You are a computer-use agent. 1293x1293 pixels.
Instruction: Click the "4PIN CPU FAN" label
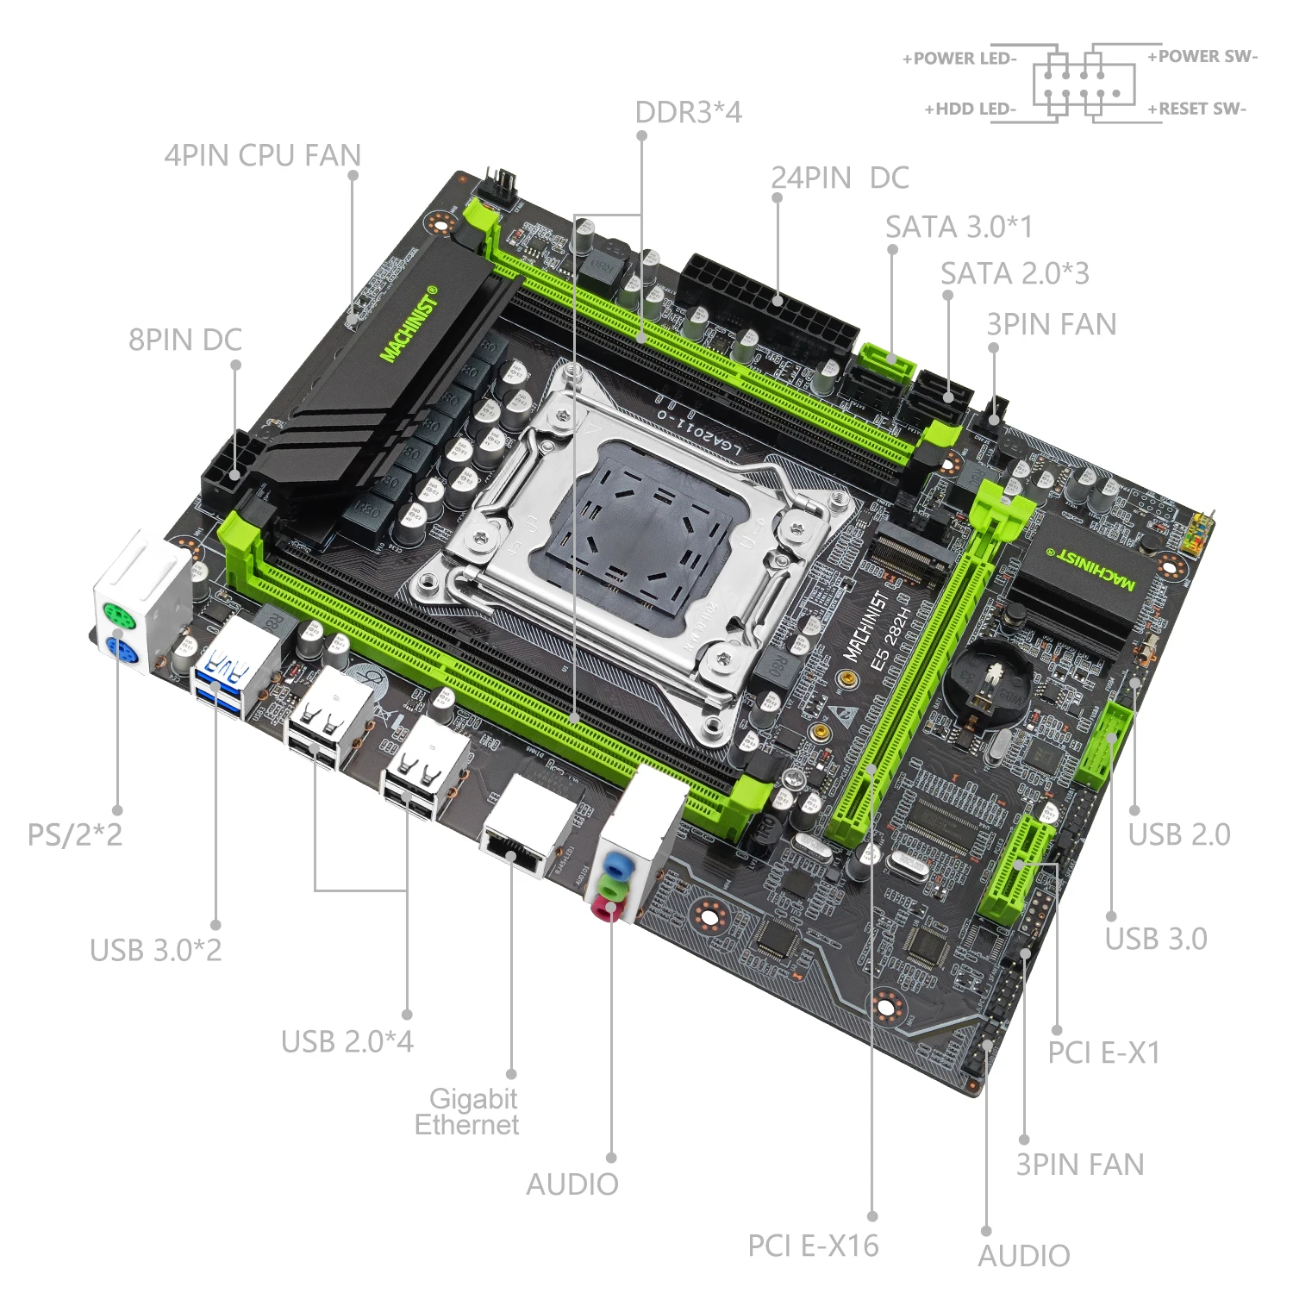click(262, 156)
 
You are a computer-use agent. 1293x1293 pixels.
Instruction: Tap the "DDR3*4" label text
click(688, 113)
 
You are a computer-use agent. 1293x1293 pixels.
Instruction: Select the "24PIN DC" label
click(840, 178)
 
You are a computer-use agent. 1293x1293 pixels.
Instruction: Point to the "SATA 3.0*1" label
click(958, 228)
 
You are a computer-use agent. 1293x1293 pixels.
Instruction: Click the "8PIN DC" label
click(184, 340)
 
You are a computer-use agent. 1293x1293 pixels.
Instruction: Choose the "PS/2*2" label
click(75, 834)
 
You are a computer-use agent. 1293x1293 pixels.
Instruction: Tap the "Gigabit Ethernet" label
click(468, 1112)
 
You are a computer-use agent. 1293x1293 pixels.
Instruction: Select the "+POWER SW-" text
click(1202, 57)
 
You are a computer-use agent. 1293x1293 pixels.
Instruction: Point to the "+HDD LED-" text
click(971, 109)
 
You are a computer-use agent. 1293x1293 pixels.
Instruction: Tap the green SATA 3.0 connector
click(885, 363)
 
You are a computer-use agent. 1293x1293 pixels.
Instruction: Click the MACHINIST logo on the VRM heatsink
click(410, 324)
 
